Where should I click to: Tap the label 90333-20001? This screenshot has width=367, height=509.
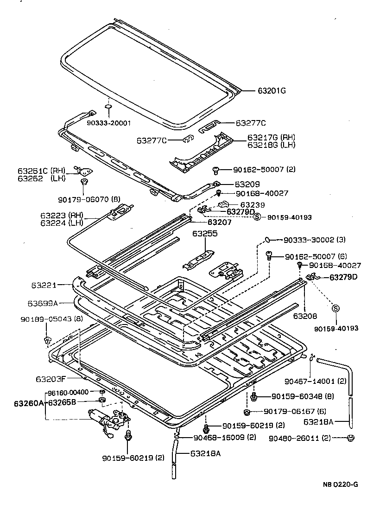tap(109, 123)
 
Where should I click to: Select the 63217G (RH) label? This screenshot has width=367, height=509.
tap(271, 138)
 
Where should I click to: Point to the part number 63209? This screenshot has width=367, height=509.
tap(247, 184)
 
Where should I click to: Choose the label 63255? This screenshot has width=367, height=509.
tap(205, 234)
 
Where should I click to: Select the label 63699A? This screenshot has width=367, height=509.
tap(42, 303)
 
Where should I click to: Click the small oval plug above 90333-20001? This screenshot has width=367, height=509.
tap(108, 107)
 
